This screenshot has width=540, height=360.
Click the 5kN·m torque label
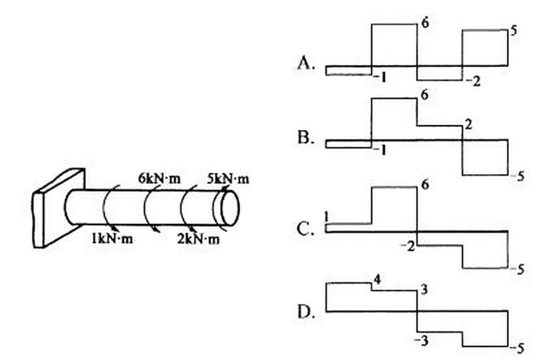click(x=227, y=179)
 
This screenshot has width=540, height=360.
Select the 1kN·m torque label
click(x=112, y=238)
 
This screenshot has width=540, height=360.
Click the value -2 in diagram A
click(x=473, y=81)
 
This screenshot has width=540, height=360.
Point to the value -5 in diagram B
click(x=517, y=176)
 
